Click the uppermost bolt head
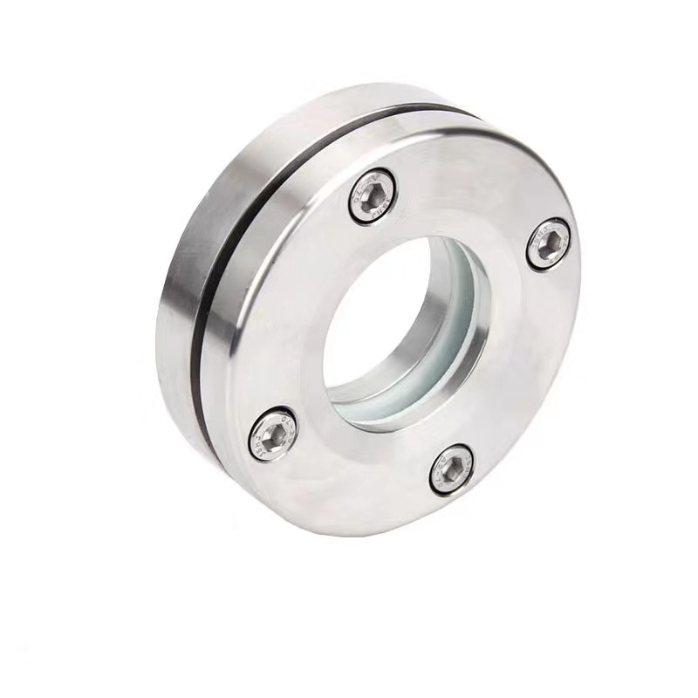(373, 196)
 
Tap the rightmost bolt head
(549, 244)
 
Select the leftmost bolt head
(272, 434)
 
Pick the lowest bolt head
(452, 469)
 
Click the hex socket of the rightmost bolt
(550, 245)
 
